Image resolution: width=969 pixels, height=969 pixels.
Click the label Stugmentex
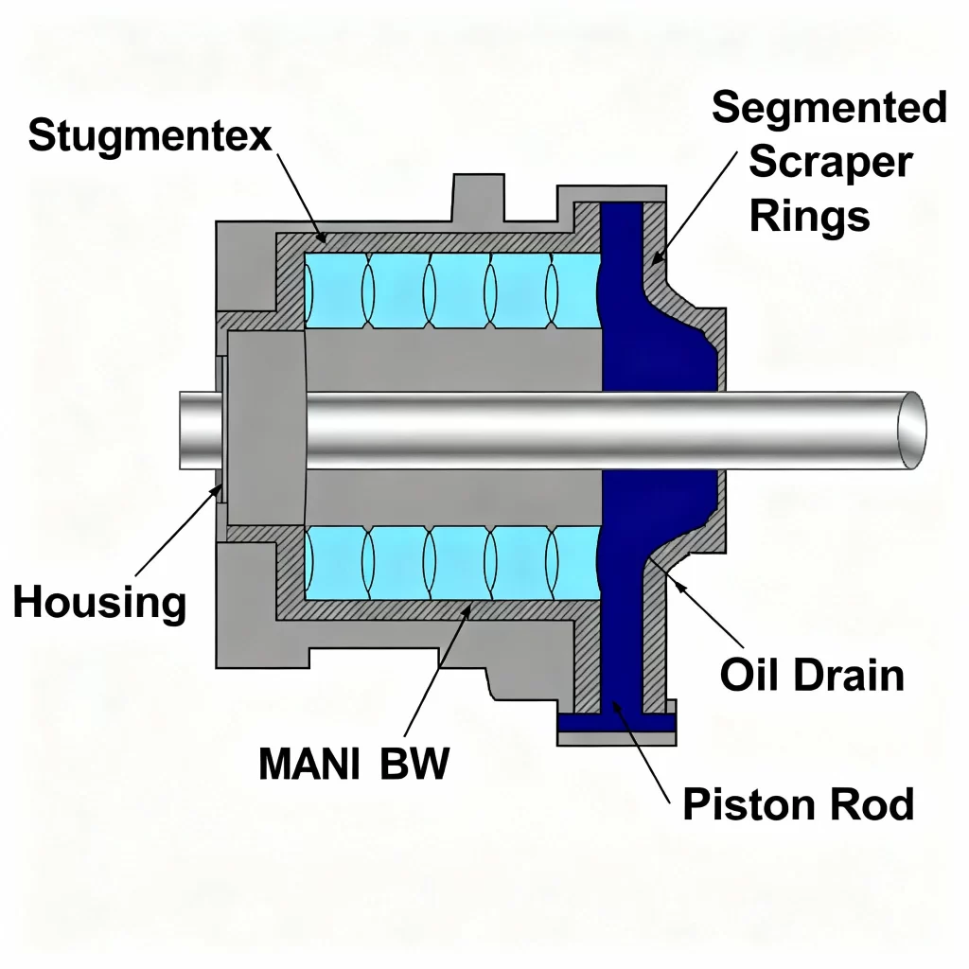pos(150,136)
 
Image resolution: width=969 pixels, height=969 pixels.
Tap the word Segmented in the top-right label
pos(829,108)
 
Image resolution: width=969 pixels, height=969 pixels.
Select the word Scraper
pos(830,162)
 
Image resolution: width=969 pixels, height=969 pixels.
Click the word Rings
pos(809,217)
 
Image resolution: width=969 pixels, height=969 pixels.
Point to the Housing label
pos(99,603)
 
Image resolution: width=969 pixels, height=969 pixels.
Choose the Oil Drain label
pos(812,676)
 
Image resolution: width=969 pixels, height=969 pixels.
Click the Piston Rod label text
pos(798,805)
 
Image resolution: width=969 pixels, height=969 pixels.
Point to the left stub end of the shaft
pos(197,431)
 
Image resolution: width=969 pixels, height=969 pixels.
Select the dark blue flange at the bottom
pos(616,724)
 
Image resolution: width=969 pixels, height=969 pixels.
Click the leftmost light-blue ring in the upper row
pos(333,290)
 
